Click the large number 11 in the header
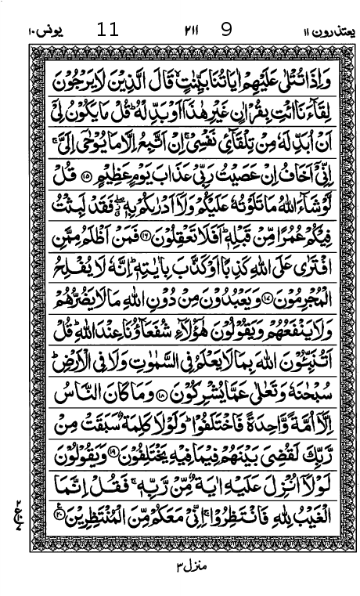pyautogui.click(x=108, y=31)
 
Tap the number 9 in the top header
pyautogui.click(x=227, y=31)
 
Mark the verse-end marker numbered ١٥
pyautogui.click(x=86, y=175)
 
